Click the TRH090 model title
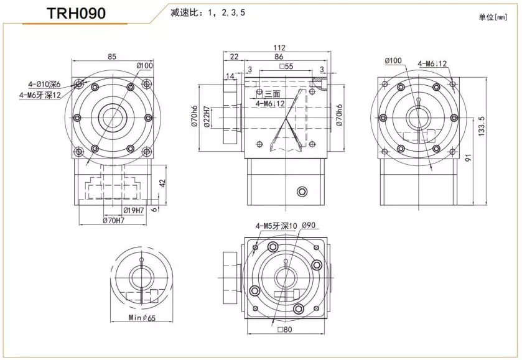[x=76, y=13]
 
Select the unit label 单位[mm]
[x=493, y=17]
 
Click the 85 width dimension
[x=112, y=57]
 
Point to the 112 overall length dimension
[x=279, y=48]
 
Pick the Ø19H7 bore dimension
[x=134, y=210]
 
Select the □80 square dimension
[x=286, y=330]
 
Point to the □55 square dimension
[x=287, y=67]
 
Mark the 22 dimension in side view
[x=234, y=57]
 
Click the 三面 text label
[x=273, y=94]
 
